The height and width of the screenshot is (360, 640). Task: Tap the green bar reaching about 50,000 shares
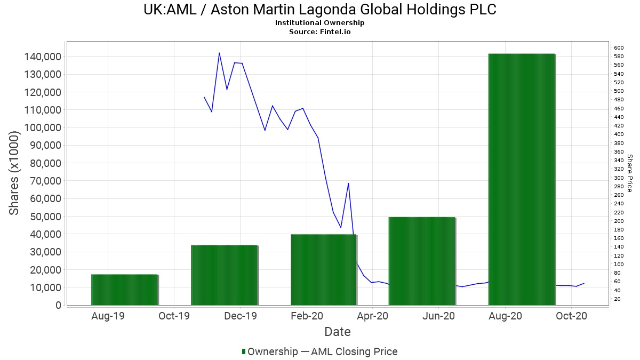click(422, 261)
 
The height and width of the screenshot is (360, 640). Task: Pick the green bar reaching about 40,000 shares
click(323, 269)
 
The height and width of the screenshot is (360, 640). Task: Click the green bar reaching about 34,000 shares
click(224, 275)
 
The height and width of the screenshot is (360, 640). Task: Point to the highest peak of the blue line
click(219, 53)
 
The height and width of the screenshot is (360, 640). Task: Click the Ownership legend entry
click(269, 351)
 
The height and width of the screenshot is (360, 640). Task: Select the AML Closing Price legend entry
click(349, 351)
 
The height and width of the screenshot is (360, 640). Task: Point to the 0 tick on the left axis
click(58, 305)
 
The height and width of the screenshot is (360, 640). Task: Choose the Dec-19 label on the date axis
click(241, 316)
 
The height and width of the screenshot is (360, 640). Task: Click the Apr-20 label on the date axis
click(372, 316)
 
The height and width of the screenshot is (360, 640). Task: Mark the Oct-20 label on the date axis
click(571, 316)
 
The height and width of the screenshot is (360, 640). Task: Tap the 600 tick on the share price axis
click(619, 48)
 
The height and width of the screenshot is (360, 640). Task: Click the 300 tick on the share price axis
click(619, 178)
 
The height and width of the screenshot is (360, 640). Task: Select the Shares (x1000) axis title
click(14, 173)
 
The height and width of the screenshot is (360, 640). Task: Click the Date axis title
click(338, 332)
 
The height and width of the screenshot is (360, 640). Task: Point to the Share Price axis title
click(629, 173)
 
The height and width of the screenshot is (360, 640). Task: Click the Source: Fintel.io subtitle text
click(320, 31)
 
